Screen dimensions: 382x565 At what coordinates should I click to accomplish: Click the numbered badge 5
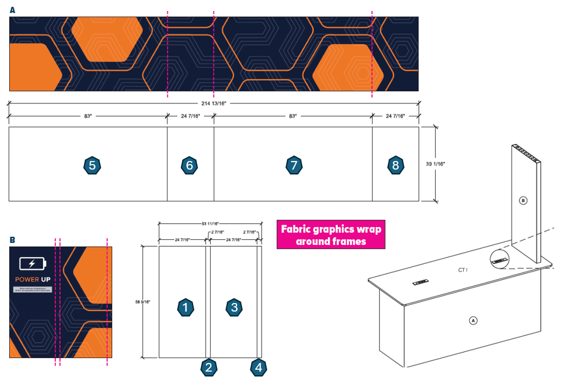click(92, 165)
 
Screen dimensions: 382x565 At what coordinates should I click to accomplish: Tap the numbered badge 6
click(190, 165)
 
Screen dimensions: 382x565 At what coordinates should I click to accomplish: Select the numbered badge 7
click(294, 165)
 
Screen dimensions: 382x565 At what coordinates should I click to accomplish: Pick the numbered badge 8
click(396, 165)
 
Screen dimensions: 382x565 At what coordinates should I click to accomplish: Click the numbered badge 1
click(185, 307)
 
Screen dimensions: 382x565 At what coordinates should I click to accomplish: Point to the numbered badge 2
click(209, 367)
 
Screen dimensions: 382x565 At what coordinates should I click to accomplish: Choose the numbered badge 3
click(233, 307)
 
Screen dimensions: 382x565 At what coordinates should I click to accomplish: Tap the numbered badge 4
click(259, 367)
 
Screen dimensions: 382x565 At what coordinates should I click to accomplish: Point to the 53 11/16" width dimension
click(210, 224)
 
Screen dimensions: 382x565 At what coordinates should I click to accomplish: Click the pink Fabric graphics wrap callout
click(331, 235)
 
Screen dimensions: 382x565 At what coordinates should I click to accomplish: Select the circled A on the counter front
click(472, 320)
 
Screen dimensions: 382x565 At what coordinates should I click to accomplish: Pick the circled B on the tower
click(523, 200)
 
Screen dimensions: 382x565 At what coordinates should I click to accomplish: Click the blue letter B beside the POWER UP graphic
click(12, 240)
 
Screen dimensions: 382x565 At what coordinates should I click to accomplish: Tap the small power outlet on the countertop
click(420, 282)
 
